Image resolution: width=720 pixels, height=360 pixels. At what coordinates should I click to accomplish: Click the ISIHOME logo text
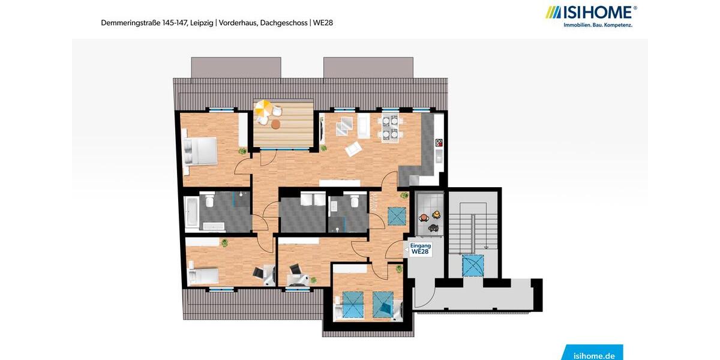click(x=596, y=12)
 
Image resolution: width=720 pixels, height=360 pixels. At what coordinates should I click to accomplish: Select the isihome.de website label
click(x=593, y=355)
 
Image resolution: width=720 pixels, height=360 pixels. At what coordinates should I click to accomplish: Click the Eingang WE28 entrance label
click(x=420, y=249)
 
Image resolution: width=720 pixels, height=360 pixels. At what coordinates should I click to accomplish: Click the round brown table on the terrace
click(x=275, y=124)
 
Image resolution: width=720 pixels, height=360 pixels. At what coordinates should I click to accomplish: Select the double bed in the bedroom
click(x=201, y=150)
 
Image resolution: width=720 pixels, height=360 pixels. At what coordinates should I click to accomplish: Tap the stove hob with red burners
click(x=439, y=142)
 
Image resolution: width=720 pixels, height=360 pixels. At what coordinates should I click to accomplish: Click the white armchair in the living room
click(x=352, y=148)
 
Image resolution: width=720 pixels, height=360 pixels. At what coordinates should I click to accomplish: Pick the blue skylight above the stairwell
click(x=472, y=265)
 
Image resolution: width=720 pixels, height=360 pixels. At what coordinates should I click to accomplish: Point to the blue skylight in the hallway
click(x=396, y=215)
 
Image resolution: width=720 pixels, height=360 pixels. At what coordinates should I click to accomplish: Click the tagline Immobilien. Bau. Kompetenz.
click(x=598, y=25)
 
